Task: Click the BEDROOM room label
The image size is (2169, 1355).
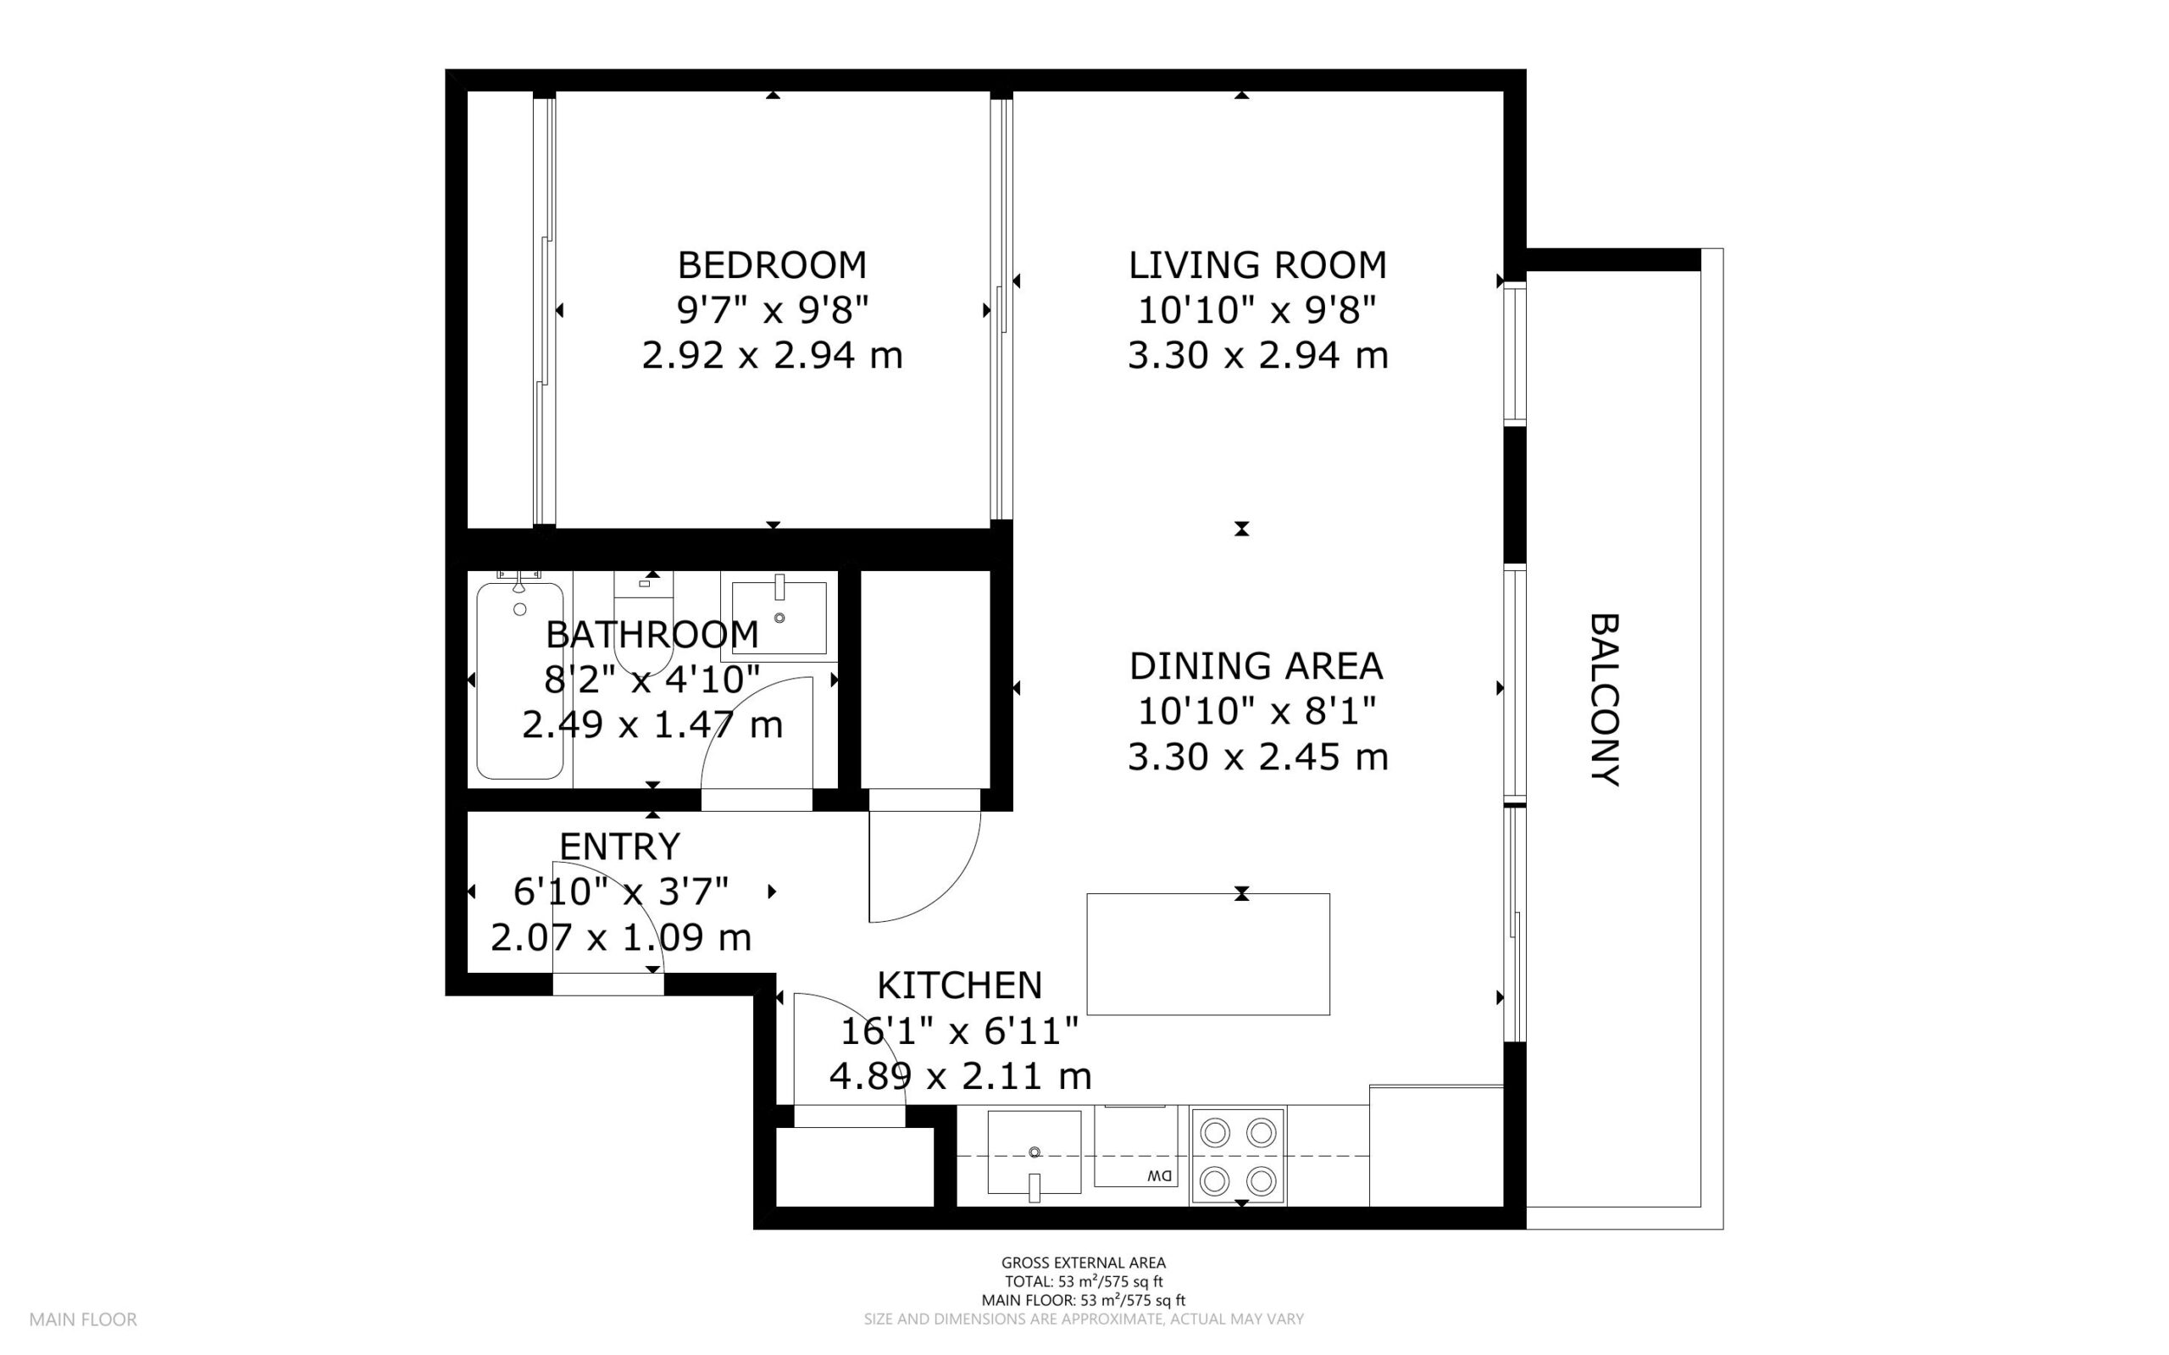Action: tap(771, 265)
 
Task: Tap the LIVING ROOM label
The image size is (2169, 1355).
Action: tap(1257, 265)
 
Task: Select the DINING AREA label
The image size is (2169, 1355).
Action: tap(1256, 666)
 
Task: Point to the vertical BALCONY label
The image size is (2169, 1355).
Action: tap(1605, 699)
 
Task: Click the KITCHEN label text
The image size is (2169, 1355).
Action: tap(959, 986)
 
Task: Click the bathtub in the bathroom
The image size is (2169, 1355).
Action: tap(519, 681)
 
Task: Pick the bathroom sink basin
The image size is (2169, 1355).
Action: tap(779, 619)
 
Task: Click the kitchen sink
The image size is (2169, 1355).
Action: tap(1034, 1152)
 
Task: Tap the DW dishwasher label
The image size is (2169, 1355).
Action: tap(1159, 1175)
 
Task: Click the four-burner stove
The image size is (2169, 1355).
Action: tap(1238, 1157)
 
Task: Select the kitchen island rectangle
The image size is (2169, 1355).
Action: tap(1207, 954)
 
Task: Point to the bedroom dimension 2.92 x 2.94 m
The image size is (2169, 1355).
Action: tap(771, 356)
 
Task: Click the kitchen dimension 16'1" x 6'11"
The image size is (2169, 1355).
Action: tap(959, 1031)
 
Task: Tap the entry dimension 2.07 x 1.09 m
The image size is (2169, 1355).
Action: tap(620, 937)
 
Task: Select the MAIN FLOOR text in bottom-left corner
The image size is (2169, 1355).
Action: tap(83, 1319)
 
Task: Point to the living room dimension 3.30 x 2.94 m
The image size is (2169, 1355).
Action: tap(1257, 356)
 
